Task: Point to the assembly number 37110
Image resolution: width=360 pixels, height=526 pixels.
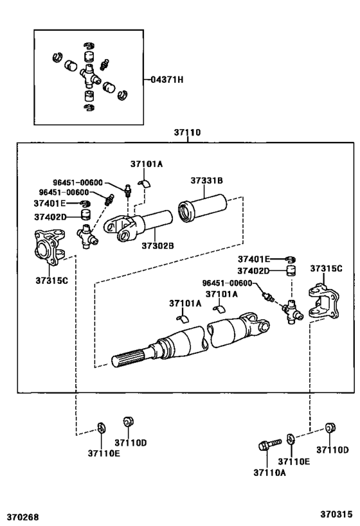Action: point(187,132)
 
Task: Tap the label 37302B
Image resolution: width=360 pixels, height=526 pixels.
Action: point(157,245)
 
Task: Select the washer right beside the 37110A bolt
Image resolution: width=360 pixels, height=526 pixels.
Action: point(291,439)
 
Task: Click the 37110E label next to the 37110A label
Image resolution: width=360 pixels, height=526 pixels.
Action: point(293,460)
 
